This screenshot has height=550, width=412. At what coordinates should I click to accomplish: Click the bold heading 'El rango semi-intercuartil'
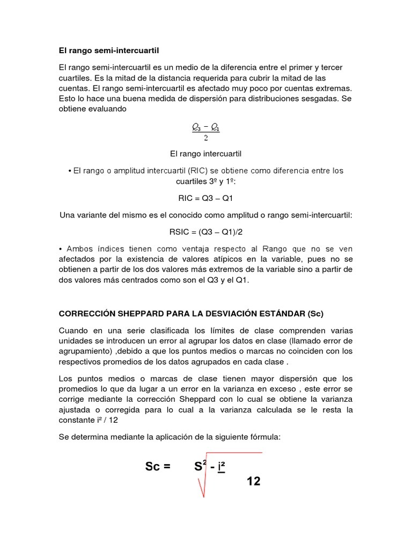(x=109, y=50)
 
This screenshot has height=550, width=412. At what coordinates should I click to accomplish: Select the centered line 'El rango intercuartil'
(x=206, y=154)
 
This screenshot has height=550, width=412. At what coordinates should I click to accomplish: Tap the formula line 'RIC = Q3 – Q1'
(x=206, y=198)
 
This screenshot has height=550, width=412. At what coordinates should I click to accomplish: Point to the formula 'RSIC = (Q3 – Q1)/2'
(x=206, y=232)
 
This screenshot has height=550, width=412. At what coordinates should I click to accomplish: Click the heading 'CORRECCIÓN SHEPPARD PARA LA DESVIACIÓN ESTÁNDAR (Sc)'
(x=191, y=313)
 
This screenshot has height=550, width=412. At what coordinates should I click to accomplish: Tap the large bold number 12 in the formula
(x=254, y=481)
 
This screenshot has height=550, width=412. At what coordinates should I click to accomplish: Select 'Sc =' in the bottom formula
(x=158, y=467)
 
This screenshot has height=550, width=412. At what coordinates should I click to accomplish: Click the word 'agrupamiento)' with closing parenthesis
(x=83, y=351)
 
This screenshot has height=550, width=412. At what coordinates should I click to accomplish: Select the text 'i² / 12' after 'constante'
(x=106, y=420)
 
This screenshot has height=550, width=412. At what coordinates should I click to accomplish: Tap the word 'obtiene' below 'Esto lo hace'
(x=72, y=109)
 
